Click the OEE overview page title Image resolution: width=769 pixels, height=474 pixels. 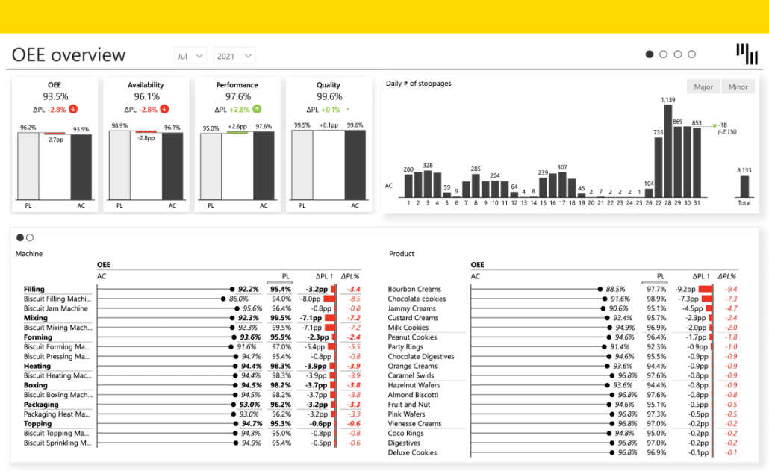[69, 55]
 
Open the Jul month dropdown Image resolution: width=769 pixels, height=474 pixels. [191, 55]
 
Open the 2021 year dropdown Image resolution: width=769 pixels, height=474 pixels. [234, 55]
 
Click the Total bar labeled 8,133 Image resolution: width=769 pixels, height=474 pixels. [744, 186]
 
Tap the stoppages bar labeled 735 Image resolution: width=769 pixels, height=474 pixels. [658, 166]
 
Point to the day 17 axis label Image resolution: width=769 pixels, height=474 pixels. [561, 202]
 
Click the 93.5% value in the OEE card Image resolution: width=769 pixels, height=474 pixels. [55, 96]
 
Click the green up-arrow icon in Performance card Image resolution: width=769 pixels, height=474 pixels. [257, 109]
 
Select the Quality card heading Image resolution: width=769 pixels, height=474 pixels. [329, 85]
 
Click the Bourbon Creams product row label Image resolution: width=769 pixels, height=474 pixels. [414, 290]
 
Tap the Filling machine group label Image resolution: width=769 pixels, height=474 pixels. [34, 290]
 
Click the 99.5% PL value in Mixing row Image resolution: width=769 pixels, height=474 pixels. [281, 318]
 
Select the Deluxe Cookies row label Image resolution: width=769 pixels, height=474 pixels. [412, 452]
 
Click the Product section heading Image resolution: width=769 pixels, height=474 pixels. [401, 254]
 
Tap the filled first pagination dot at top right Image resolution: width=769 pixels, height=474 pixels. [650, 54]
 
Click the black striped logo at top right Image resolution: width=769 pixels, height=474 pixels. [746, 54]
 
